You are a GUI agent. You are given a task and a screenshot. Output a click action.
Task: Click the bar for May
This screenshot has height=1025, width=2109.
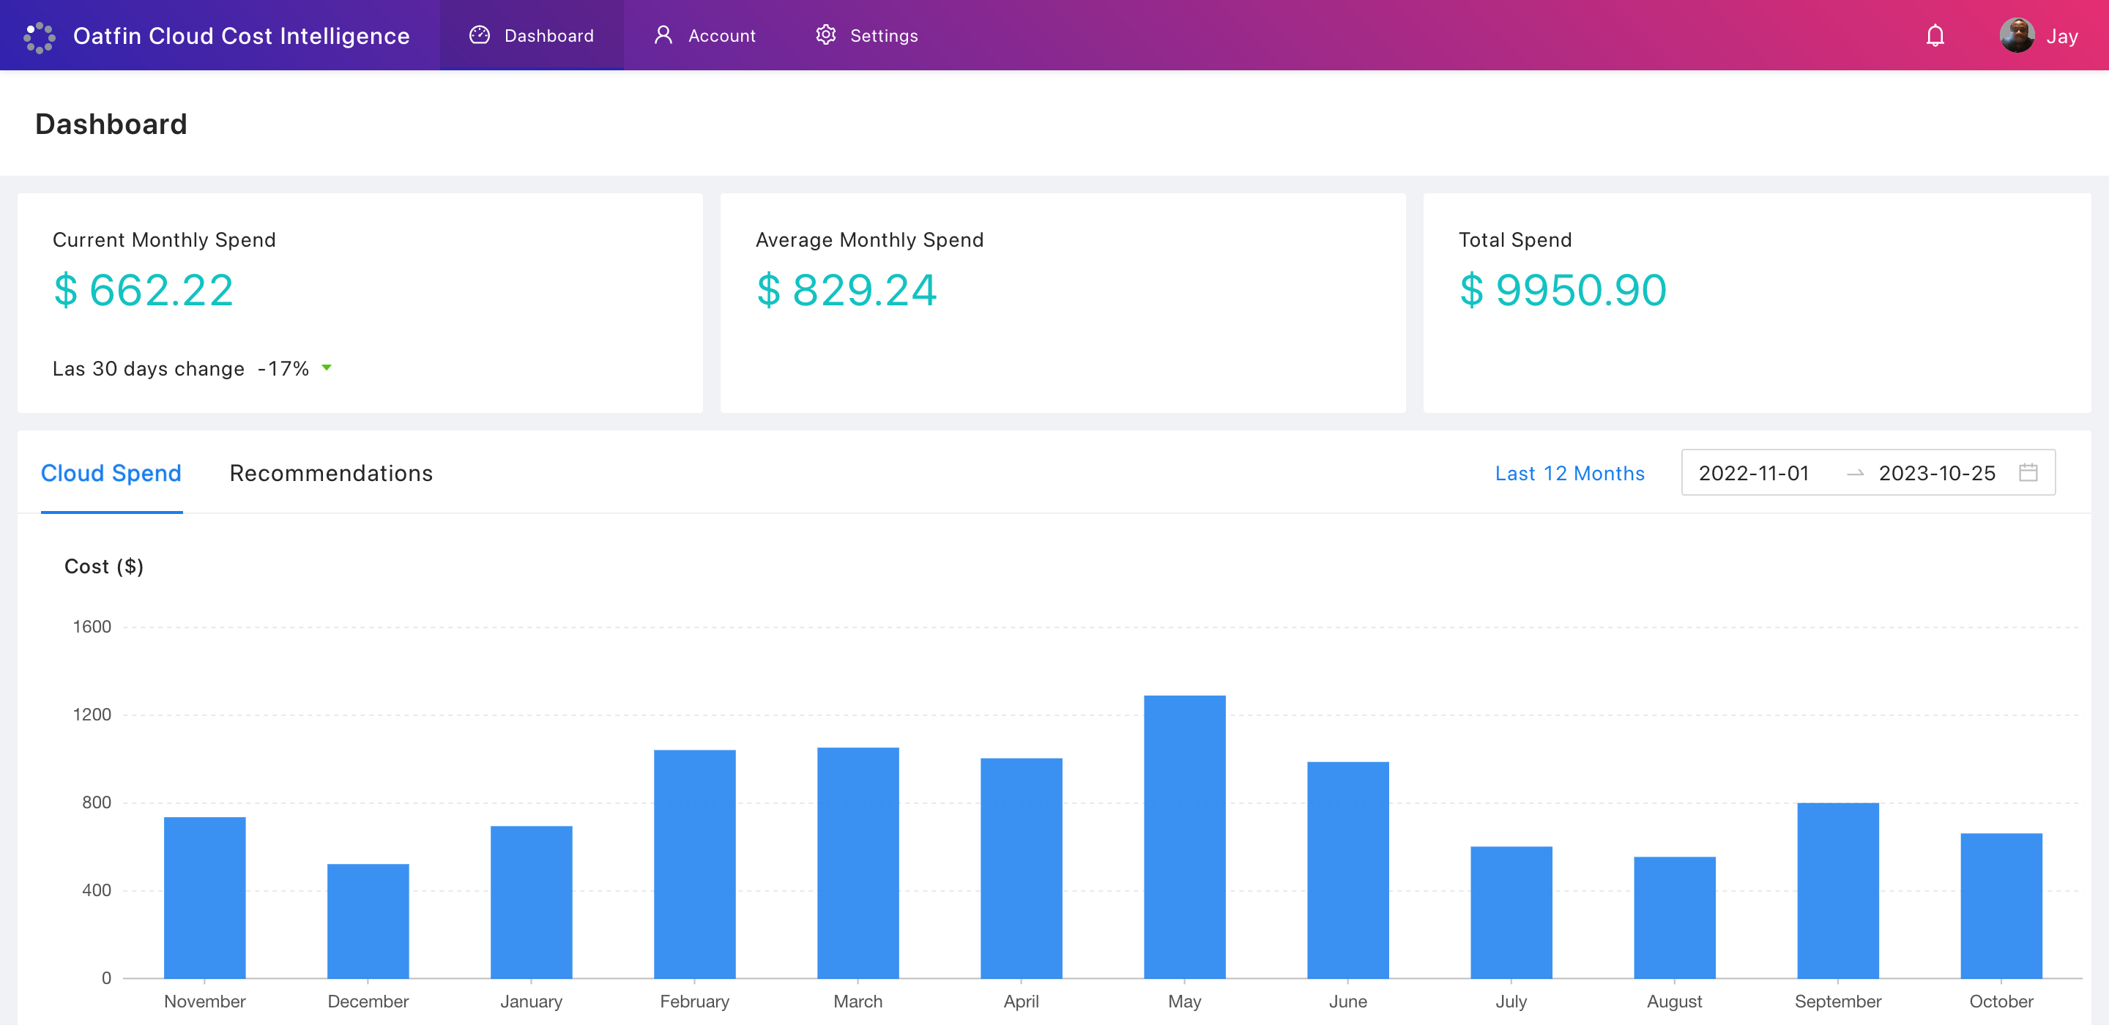tap(1184, 837)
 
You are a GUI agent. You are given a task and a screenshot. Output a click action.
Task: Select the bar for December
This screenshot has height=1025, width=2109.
tap(368, 921)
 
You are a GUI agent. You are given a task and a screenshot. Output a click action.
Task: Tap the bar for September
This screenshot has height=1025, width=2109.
tap(1837, 891)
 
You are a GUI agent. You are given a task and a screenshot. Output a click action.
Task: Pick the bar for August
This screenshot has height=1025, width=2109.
tap(1674, 917)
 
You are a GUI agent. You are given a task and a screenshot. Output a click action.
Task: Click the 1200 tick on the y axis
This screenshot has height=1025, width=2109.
tap(92, 715)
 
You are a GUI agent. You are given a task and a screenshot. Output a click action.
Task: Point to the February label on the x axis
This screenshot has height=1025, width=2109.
tap(694, 1002)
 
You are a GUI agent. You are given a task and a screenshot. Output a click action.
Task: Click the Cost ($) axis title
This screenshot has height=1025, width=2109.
tap(104, 567)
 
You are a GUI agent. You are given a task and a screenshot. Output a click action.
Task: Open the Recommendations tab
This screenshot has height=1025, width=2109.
tap(331, 473)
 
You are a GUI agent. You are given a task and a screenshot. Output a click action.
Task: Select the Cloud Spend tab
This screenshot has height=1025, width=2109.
tap(111, 473)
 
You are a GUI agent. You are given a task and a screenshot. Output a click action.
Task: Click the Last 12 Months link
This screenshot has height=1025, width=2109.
tap(1569, 473)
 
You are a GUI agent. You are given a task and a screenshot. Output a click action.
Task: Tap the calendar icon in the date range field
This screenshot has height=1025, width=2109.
tap(2027, 472)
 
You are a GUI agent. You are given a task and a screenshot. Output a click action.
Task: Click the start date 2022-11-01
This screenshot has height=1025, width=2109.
tap(1754, 473)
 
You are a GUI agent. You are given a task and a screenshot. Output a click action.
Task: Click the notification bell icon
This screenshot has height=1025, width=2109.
tap(1935, 36)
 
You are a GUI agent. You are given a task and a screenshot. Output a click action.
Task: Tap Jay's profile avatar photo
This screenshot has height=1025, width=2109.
tap(2017, 35)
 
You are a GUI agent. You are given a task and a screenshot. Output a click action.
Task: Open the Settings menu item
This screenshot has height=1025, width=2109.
tap(867, 36)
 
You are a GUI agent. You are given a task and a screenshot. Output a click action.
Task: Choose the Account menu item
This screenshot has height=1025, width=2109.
tap(705, 36)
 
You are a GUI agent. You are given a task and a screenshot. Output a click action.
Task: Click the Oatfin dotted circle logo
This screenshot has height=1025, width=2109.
tap(40, 37)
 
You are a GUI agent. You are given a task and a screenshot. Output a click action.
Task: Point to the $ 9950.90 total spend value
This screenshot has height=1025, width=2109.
tap(1562, 290)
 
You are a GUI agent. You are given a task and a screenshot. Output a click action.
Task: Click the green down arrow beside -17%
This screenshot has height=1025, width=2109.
tap(327, 368)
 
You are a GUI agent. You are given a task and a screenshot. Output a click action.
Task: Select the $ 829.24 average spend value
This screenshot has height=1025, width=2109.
tap(846, 290)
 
